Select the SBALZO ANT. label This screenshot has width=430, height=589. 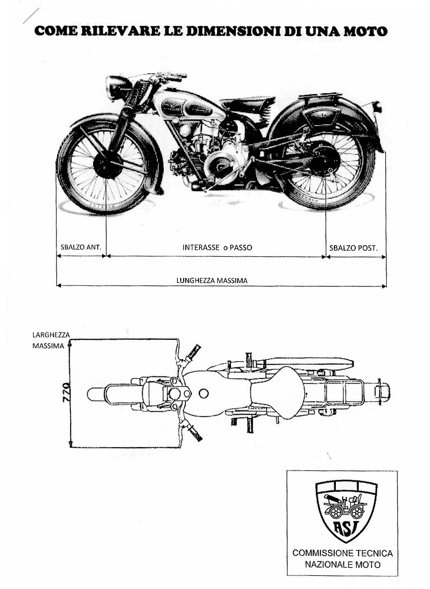pyautogui.click(x=81, y=247)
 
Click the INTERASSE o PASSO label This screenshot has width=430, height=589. pyautogui.click(x=217, y=247)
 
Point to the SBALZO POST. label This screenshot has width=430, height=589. pyautogui.click(x=353, y=248)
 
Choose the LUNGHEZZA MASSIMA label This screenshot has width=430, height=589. pyautogui.click(x=212, y=280)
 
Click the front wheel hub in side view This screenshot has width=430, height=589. pyautogui.click(x=107, y=164)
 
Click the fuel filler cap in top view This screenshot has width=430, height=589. pyautogui.click(x=204, y=393)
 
